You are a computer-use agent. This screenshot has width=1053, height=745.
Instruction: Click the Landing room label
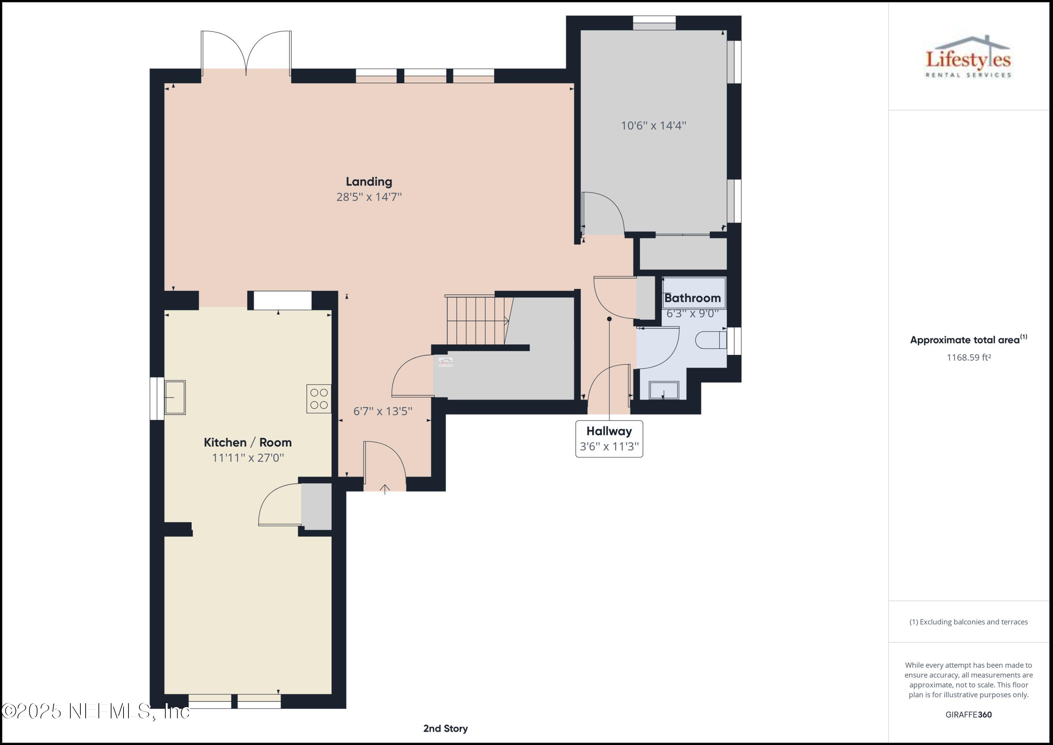point(369,182)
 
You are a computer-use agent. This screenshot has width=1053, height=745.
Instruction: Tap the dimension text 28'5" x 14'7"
point(369,197)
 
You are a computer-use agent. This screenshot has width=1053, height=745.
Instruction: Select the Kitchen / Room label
point(248,442)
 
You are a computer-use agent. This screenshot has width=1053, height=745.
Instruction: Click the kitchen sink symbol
point(175,397)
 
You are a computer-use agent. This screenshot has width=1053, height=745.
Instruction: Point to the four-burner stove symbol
point(319,398)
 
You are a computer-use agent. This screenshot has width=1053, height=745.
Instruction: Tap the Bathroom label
point(692,298)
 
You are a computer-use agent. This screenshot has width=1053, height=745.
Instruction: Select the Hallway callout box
point(609,439)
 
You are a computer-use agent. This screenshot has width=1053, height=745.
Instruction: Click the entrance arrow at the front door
point(385,489)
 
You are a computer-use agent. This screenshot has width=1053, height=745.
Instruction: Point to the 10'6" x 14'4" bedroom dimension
point(654,126)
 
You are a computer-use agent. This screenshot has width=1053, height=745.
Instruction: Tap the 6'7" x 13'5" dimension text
point(383,411)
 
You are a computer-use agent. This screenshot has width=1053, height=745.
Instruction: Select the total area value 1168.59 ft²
point(969,357)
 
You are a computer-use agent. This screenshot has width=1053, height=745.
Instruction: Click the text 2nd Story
point(445,728)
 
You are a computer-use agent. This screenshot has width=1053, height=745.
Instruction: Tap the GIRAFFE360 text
point(969,714)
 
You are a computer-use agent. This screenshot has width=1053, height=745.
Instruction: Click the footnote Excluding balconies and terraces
point(969,622)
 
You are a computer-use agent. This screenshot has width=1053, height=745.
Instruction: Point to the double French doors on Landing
point(246,53)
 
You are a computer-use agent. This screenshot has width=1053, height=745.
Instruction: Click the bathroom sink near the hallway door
point(664,390)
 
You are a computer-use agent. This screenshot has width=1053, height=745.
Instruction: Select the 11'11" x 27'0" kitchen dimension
point(248,458)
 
